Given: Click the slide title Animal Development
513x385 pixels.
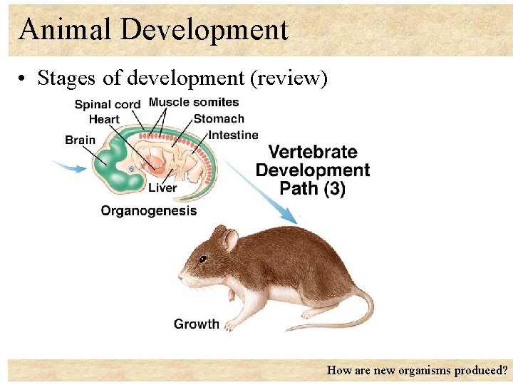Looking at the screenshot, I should pyautogui.click(x=153, y=30).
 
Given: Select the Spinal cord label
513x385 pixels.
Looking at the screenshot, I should pyautogui.click(x=108, y=105).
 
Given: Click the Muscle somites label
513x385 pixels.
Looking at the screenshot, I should pyautogui.click(x=194, y=102).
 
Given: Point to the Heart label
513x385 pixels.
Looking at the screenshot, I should pyautogui.click(x=104, y=120).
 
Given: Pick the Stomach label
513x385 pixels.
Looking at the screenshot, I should pyautogui.click(x=219, y=119).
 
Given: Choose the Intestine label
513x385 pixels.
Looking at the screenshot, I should pyautogui.click(x=233, y=135).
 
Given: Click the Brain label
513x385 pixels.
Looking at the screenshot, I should pyautogui.click(x=80, y=140).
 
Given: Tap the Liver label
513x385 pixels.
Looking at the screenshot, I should pyautogui.click(x=162, y=188).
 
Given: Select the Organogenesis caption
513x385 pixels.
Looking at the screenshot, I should pyautogui.click(x=148, y=211).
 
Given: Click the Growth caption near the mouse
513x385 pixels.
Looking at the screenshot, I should pyautogui.click(x=197, y=324).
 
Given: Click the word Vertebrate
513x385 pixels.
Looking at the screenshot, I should pyautogui.click(x=313, y=152).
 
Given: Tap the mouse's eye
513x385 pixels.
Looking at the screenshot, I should pyautogui.click(x=203, y=258).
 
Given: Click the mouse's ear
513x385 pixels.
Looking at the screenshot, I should pyautogui.click(x=230, y=240).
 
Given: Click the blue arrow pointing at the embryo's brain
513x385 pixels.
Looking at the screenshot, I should pyautogui.click(x=72, y=168).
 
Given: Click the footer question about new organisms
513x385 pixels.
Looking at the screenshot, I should pyautogui.click(x=417, y=371).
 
